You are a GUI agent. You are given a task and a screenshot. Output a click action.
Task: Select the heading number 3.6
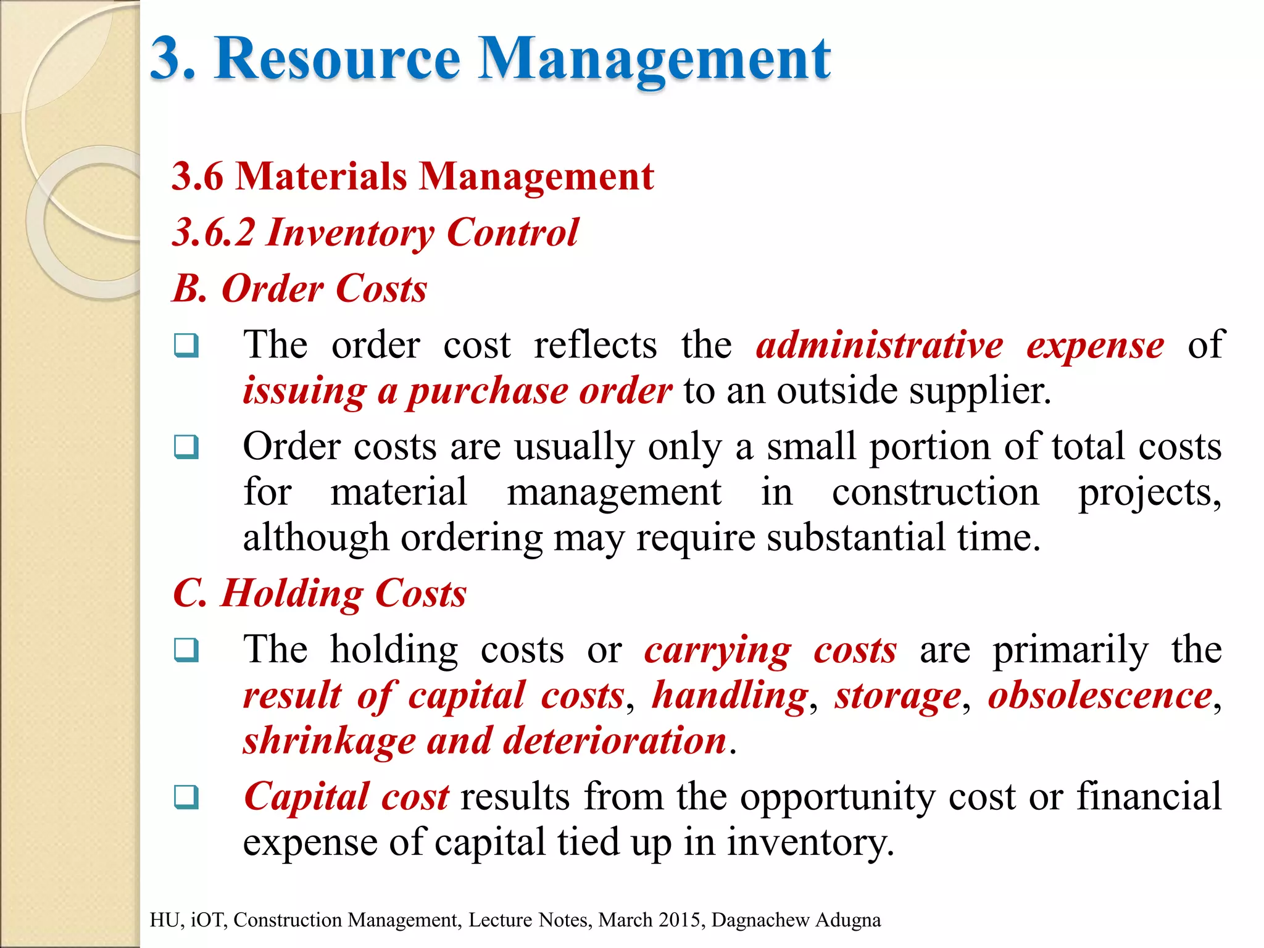point(197,177)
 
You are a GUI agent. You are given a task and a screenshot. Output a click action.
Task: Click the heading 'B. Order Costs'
point(299,289)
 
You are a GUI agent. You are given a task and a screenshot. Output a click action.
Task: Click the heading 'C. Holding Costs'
point(319,594)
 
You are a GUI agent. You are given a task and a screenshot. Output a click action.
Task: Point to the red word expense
point(1095,346)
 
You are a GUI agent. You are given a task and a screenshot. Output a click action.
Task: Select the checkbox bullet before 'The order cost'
point(186,346)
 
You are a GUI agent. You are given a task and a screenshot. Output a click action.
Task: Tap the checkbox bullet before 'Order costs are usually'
point(186,447)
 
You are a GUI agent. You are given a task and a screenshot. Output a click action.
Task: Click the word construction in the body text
point(935,493)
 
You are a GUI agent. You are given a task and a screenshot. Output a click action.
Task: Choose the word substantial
point(856,538)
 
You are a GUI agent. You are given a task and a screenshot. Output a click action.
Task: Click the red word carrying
point(717,651)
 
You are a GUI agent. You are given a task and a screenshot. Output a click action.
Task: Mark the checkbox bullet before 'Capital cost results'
point(186,797)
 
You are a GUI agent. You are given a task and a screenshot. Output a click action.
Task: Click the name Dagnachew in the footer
point(760,920)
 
